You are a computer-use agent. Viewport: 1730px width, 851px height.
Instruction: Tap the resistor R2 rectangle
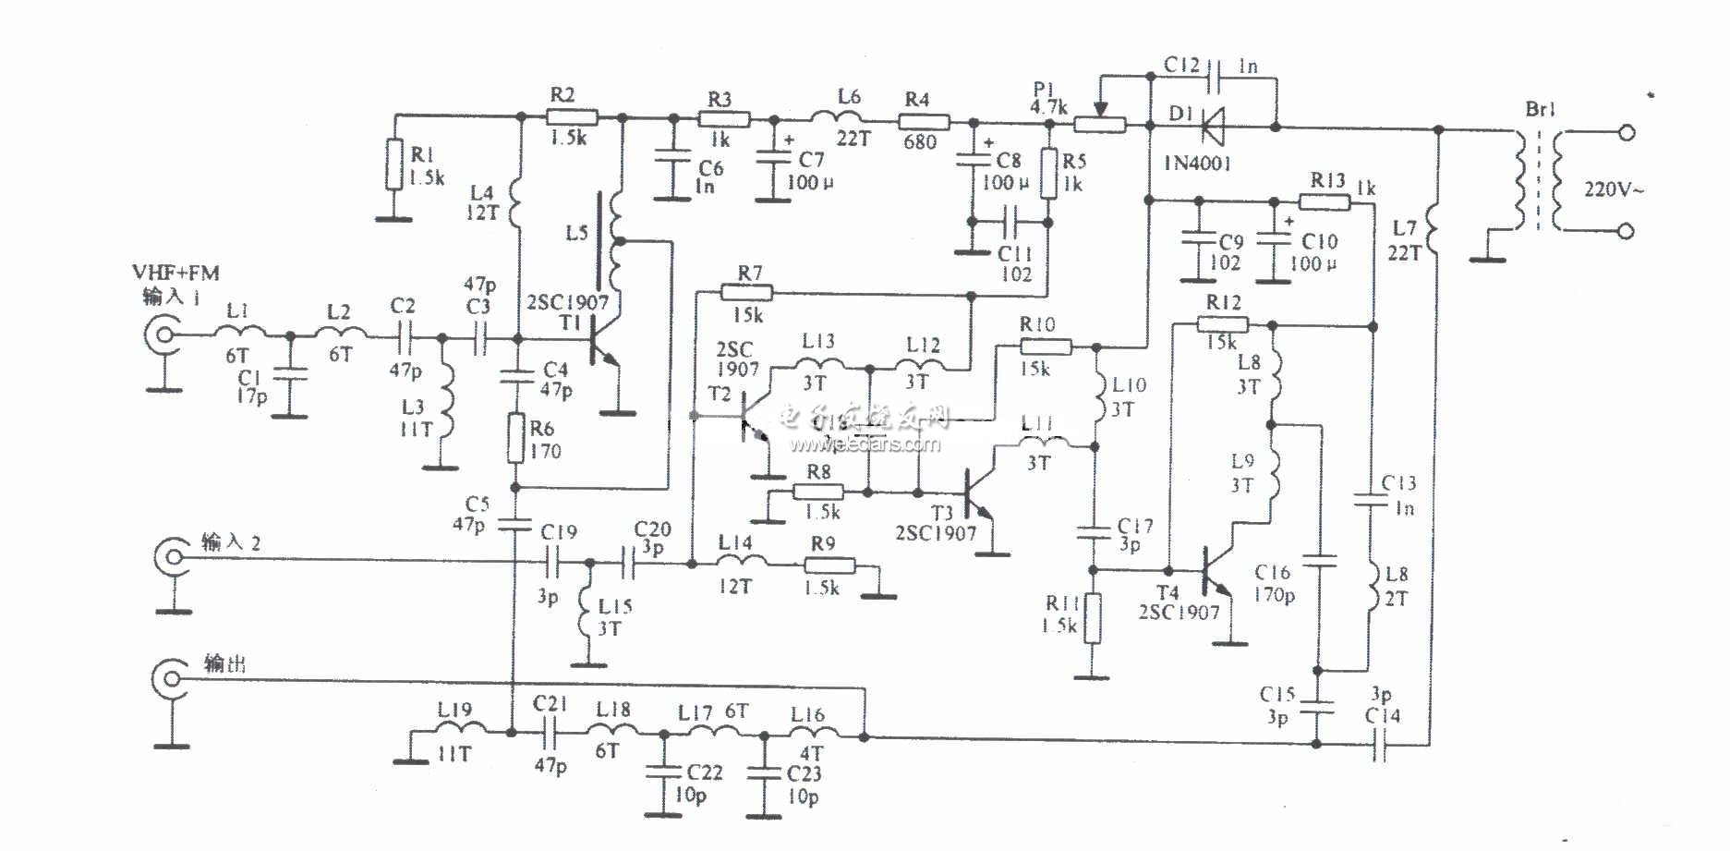pos(572,117)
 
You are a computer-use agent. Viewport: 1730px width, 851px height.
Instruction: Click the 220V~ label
pos(1614,189)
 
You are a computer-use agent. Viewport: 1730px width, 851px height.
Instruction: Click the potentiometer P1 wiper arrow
pos(1099,108)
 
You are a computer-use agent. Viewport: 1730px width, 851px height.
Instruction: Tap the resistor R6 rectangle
pos(516,438)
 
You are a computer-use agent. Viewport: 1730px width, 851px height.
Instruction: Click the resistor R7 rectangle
pos(745,293)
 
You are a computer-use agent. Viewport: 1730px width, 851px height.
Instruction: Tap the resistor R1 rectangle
pos(395,164)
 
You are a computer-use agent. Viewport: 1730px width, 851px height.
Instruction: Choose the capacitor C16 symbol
pos(1319,560)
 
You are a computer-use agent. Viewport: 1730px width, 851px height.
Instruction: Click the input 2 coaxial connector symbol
pos(171,557)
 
